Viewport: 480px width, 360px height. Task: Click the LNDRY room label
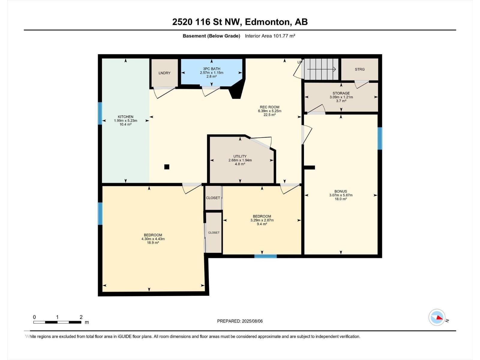(164, 73)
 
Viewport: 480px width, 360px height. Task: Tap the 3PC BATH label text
(211, 69)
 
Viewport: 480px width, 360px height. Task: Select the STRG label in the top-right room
(360, 69)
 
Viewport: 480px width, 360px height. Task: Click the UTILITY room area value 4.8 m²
(240, 164)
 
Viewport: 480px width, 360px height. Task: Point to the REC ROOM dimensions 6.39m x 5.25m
(269, 111)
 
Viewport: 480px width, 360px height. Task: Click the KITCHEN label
(125, 117)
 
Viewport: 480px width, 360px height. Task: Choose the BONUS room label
(340, 191)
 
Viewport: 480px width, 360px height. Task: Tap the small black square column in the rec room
(167, 167)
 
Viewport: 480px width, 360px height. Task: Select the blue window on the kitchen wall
(100, 113)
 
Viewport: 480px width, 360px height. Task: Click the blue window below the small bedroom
(265, 256)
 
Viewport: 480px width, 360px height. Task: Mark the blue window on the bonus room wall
(380, 138)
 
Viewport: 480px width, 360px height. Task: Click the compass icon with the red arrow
(437, 317)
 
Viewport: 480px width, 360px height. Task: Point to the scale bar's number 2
(81, 317)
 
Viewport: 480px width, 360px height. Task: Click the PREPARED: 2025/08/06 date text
(240, 321)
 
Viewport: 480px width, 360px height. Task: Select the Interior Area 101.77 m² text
(270, 36)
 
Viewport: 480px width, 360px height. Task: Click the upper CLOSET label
(213, 198)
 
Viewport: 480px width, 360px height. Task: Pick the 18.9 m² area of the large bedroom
(153, 243)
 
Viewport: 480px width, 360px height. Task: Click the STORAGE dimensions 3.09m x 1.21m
(341, 97)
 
